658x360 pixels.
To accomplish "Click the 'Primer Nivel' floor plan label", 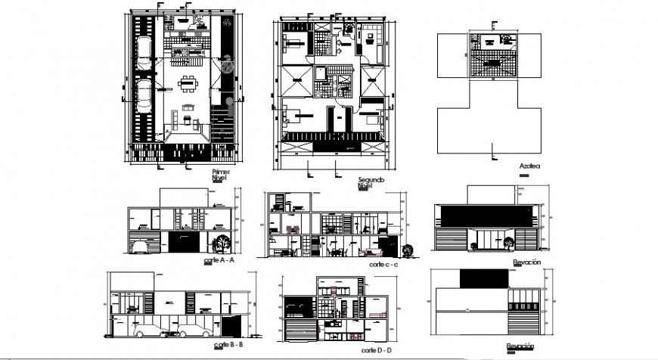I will coord(221,175).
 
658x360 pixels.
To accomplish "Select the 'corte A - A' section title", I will coord(219,259).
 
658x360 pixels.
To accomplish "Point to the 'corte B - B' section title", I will coord(223,344).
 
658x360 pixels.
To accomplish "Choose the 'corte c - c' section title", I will coord(383,265).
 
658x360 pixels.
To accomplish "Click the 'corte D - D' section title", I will coord(375,350).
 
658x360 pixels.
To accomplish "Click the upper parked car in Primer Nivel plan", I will coord(144,50).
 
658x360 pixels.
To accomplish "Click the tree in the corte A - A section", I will coord(222,243).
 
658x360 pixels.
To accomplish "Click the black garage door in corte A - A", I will coord(183,242).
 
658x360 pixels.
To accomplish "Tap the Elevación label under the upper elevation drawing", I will coord(526,262).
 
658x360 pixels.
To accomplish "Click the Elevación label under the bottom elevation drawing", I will coord(523,346).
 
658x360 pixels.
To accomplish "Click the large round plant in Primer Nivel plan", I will coord(227,68).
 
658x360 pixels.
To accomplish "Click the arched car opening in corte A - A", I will coord(140,244).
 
